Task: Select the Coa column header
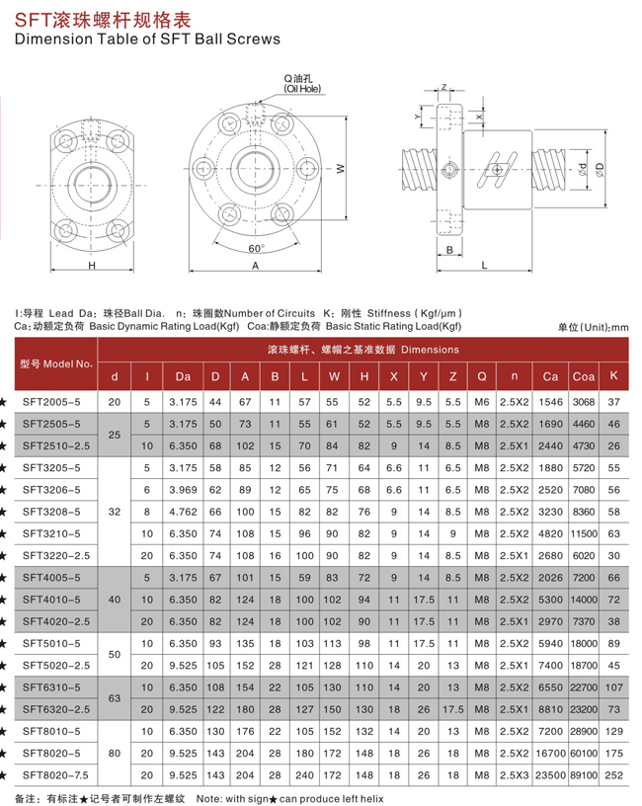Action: tap(583, 376)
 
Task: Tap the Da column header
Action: tap(183, 376)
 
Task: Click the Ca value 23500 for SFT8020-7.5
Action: tap(550, 775)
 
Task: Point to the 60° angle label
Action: tap(257, 248)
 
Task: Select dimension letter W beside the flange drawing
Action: tap(339, 169)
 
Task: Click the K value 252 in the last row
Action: tap(614, 775)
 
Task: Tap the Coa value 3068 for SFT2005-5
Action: tap(583, 403)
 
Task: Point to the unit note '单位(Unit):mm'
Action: tap(593, 327)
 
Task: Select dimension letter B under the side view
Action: tap(448, 251)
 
